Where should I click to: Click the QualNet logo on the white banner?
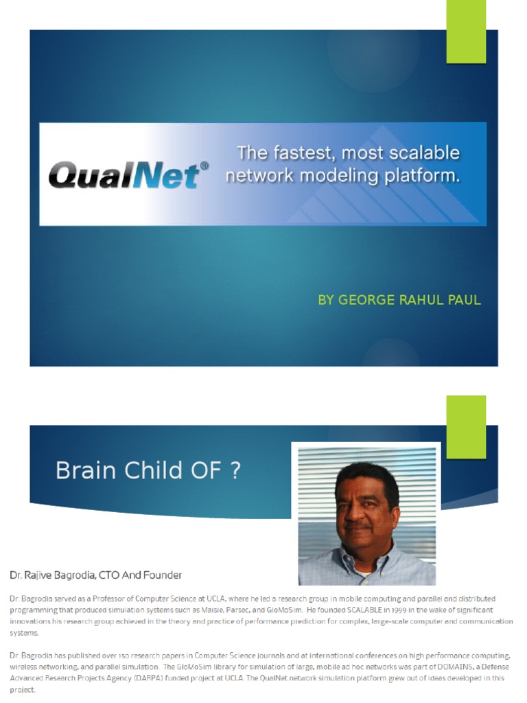pyautogui.click(x=124, y=174)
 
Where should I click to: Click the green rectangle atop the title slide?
pyautogui.click(x=466, y=32)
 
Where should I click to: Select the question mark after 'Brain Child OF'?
pyautogui.click(x=235, y=471)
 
